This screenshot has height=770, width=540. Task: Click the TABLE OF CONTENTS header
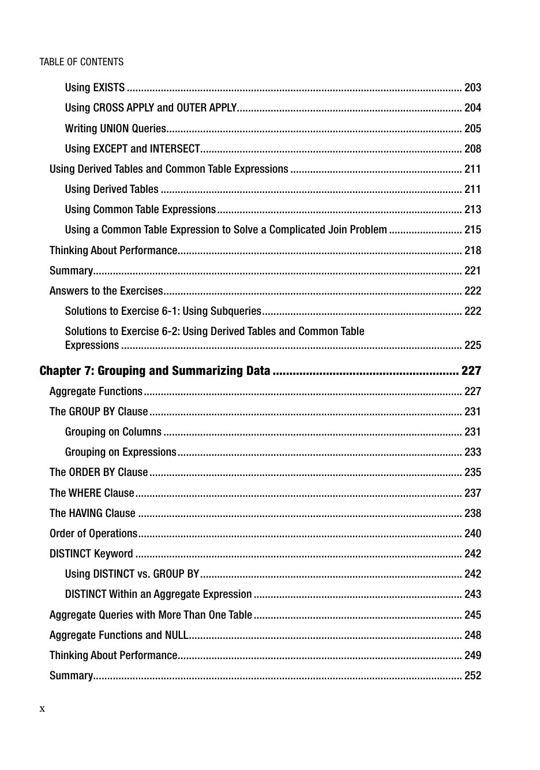81,62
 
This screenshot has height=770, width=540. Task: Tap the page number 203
472,88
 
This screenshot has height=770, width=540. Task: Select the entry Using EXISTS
95,88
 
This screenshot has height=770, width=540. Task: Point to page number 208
472,148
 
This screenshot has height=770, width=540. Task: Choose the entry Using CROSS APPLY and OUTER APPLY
151,108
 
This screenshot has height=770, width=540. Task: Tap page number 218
472,250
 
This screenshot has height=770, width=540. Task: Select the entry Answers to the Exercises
106,291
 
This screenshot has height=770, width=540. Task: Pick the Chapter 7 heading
155,371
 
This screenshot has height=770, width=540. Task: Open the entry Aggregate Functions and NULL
119,635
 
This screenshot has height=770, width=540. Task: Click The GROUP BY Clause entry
99,411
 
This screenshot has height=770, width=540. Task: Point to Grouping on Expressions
121,452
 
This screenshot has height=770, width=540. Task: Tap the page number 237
472,493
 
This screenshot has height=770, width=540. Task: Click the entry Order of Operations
93,533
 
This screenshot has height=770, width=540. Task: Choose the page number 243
472,594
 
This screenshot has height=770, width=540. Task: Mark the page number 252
472,675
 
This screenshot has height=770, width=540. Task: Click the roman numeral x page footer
42,709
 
